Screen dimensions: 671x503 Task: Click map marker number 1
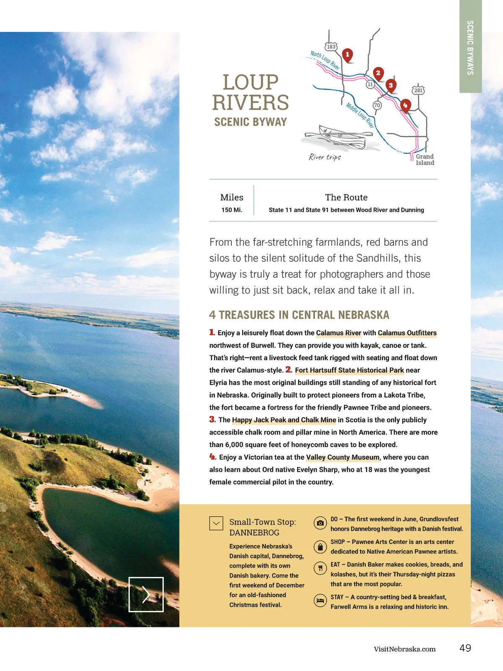point(347,55)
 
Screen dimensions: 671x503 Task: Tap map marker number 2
point(378,73)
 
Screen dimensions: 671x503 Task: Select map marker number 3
point(391,86)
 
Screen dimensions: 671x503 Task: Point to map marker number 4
point(405,105)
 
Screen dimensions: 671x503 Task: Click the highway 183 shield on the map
point(331,47)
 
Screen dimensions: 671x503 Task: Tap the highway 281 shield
point(418,90)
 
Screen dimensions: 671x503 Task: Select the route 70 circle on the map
point(377,105)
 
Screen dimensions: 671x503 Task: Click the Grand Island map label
point(425,160)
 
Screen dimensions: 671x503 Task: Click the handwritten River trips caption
point(325,157)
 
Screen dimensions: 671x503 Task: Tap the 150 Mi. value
point(232,210)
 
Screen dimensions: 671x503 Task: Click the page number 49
point(465,648)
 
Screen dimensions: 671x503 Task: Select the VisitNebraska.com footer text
point(404,649)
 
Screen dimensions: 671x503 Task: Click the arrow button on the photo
point(146,594)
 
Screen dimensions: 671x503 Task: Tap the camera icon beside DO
point(320,523)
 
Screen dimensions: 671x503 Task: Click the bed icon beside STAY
point(320,601)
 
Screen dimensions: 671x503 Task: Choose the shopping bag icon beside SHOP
point(320,547)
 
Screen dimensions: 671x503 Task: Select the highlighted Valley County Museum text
point(342,458)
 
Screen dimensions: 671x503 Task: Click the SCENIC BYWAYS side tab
point(470,47)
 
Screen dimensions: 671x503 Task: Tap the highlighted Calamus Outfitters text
point(407,333)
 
